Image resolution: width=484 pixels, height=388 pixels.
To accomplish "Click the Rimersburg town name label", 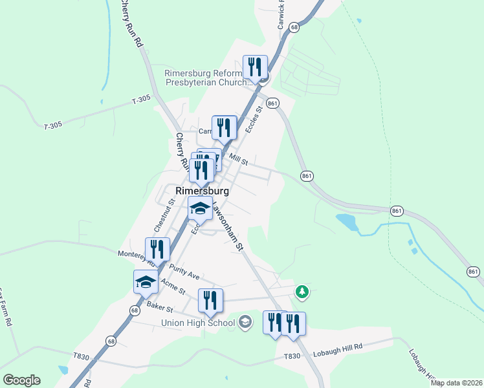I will [x=202, y=191].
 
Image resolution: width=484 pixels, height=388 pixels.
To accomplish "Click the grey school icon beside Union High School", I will [x=245, y=321].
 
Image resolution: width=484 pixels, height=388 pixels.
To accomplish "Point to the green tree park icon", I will [x=302, y=292].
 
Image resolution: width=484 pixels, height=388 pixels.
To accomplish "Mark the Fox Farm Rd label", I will [x=6, y=307].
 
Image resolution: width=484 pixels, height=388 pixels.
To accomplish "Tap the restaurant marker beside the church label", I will [x=255, y=67].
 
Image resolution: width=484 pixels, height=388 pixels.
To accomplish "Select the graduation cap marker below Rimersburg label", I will [x=200, y=209].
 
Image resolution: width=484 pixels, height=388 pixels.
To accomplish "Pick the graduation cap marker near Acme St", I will [x=146, y=281].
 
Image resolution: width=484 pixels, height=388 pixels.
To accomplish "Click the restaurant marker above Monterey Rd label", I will [x=157, y=249].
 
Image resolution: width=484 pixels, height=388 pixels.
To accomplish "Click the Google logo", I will [x=21, y=380].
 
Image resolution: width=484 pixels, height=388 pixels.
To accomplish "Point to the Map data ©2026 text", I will [x=456, y=383].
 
